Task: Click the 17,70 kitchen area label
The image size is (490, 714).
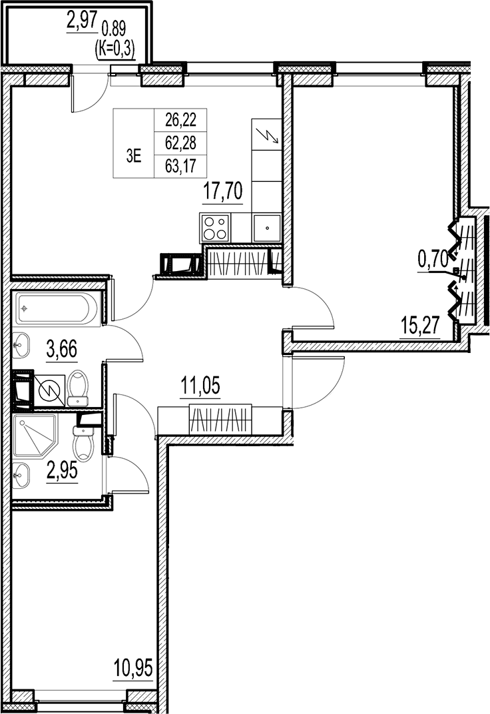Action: click(223, 192)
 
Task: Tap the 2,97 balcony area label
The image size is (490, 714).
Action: click(81, 24)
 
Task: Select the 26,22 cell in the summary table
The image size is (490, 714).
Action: click(180, 120)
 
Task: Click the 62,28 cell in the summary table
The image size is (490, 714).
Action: click(180, 141)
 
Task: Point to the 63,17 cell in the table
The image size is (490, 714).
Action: click(180, 164)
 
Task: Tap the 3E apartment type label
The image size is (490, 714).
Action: click(134, 157)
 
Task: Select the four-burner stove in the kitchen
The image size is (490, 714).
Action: click(215, 228)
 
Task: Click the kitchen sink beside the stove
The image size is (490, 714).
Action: click(266, 228)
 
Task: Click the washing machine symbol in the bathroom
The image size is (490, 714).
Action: click(48, 390)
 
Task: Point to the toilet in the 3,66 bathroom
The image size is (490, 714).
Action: click(79, 387)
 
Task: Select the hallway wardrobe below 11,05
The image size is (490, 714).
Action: click(220, 420)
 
